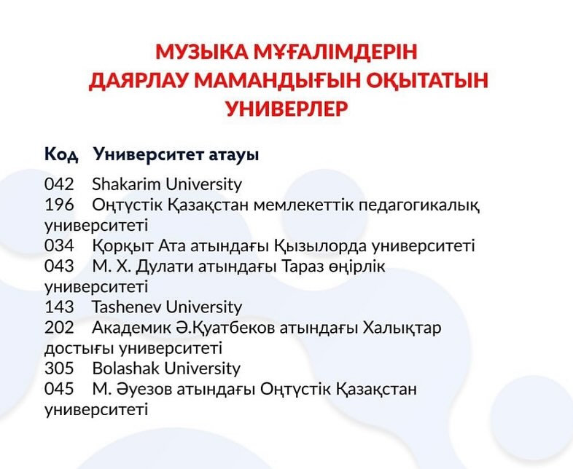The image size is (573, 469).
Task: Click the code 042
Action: pos(59,184)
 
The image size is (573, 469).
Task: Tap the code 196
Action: pos(59,205)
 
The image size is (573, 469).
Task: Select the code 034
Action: pos(59,245)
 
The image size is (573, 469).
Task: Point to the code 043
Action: pos(59,267)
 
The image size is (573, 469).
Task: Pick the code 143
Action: pos(59,307)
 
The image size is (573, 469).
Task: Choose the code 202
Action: pos(59,328)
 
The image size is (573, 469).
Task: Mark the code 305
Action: pos(59,368)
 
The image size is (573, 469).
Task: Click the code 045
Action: pos(59,389)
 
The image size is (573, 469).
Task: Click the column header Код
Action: pos(61,154)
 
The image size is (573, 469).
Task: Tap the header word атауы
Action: pos(233,155)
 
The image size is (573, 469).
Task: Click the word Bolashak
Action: pos(126,368)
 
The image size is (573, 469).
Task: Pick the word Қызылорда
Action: pos(321,246)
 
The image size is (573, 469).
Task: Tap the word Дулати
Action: pos(165,267)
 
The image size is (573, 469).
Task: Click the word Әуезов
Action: pos(145,390)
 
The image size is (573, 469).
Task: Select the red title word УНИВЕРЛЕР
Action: pos(287,109)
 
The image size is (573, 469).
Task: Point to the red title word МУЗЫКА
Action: pos(202,52)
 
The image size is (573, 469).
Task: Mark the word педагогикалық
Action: pos(419,206)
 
